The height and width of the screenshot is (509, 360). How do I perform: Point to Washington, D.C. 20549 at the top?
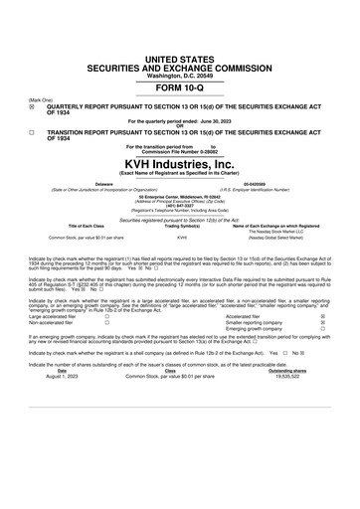pos(179,46)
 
